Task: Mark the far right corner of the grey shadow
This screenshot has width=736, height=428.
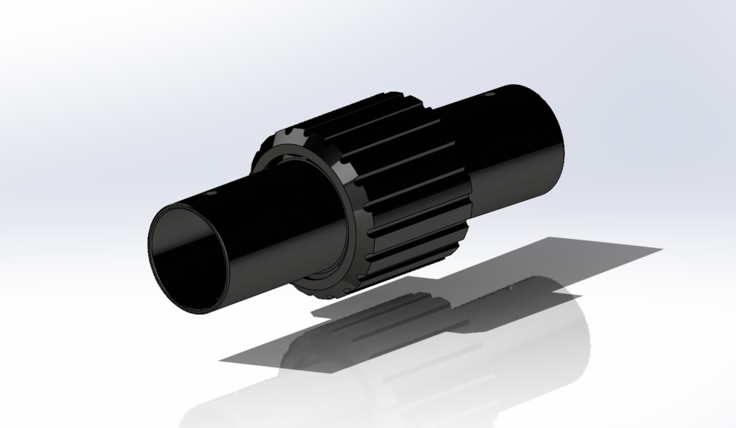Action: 661,250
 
